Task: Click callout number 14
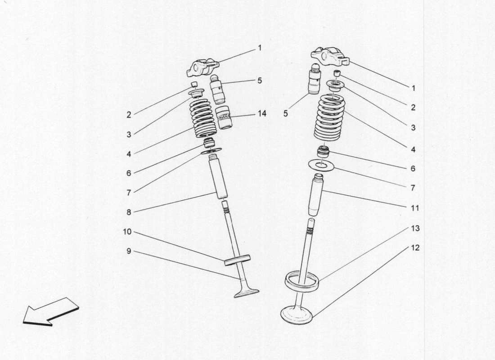click(261, 113)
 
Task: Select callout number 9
click(129, 251)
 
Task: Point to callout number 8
click(129, 211)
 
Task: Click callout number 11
click(415, 208)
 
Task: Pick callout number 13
click(415, 229)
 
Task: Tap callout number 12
click(415, 248)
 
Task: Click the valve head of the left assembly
click(247, 293)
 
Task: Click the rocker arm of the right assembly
click(330, 57)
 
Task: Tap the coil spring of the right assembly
click(330, 117)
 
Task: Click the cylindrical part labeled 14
click(223, 118)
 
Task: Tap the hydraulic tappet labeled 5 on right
click(314, 79)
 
